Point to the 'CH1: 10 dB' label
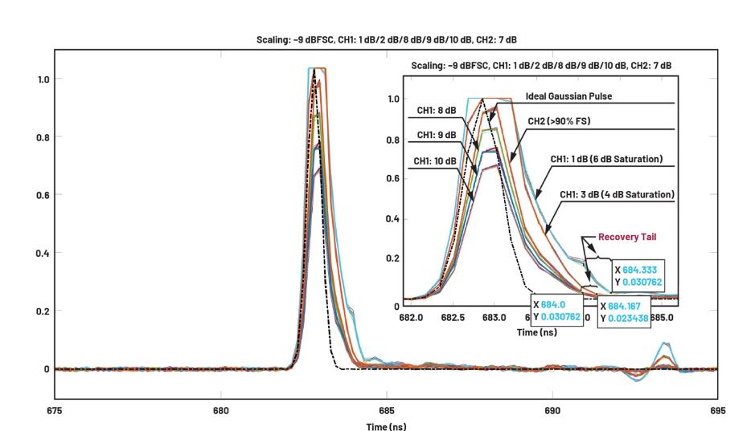point(436,161)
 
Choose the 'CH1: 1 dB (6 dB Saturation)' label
point(606,159)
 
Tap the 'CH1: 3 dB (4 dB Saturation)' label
point(617,194)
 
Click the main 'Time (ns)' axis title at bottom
point(387,425)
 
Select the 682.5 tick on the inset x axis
point(453,318)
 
